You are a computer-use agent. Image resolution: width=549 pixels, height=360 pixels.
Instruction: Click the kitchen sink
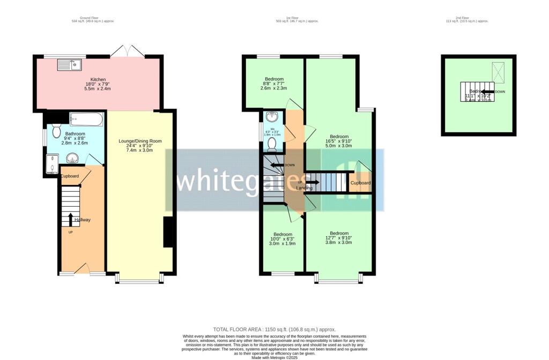coord(70,65)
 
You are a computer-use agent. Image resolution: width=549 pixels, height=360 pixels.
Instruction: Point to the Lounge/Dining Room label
coord(140,141)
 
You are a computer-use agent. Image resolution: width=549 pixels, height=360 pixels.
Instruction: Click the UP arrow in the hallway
coord(70,219)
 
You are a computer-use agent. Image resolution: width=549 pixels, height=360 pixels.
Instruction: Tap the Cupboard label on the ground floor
coord(70,176)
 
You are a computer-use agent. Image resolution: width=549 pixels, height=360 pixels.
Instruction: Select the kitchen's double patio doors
coord(128,51)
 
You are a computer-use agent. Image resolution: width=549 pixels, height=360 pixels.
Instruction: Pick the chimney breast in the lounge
coord(168,232)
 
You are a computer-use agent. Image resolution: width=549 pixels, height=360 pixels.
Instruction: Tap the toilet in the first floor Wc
coord(272,144)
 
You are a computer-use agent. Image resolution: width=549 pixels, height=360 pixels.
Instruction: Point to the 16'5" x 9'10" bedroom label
coord(339,136)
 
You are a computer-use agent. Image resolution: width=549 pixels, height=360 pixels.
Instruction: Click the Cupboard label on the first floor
coord(360,183)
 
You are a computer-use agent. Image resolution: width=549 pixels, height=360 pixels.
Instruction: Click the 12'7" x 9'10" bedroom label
coord(339,234)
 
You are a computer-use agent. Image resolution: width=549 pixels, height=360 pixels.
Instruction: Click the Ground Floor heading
coord(93,18)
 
